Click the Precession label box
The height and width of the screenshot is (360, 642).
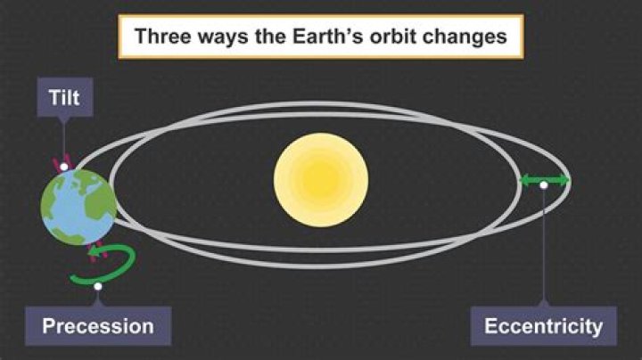click(x=98, y=326)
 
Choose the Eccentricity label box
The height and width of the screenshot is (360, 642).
click(x=543, y=326)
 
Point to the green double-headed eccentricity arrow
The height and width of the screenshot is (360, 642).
click(x=545, y=181)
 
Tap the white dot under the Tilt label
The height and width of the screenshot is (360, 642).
click(x=64, y=167)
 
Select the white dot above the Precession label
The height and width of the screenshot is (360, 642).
click(x=98, y=286)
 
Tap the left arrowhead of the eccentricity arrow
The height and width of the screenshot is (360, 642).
click(x=525, y=181)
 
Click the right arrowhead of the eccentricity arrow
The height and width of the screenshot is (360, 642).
click(x=564, y=181)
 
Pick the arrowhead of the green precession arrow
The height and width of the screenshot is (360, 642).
click(x=92, y=252)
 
